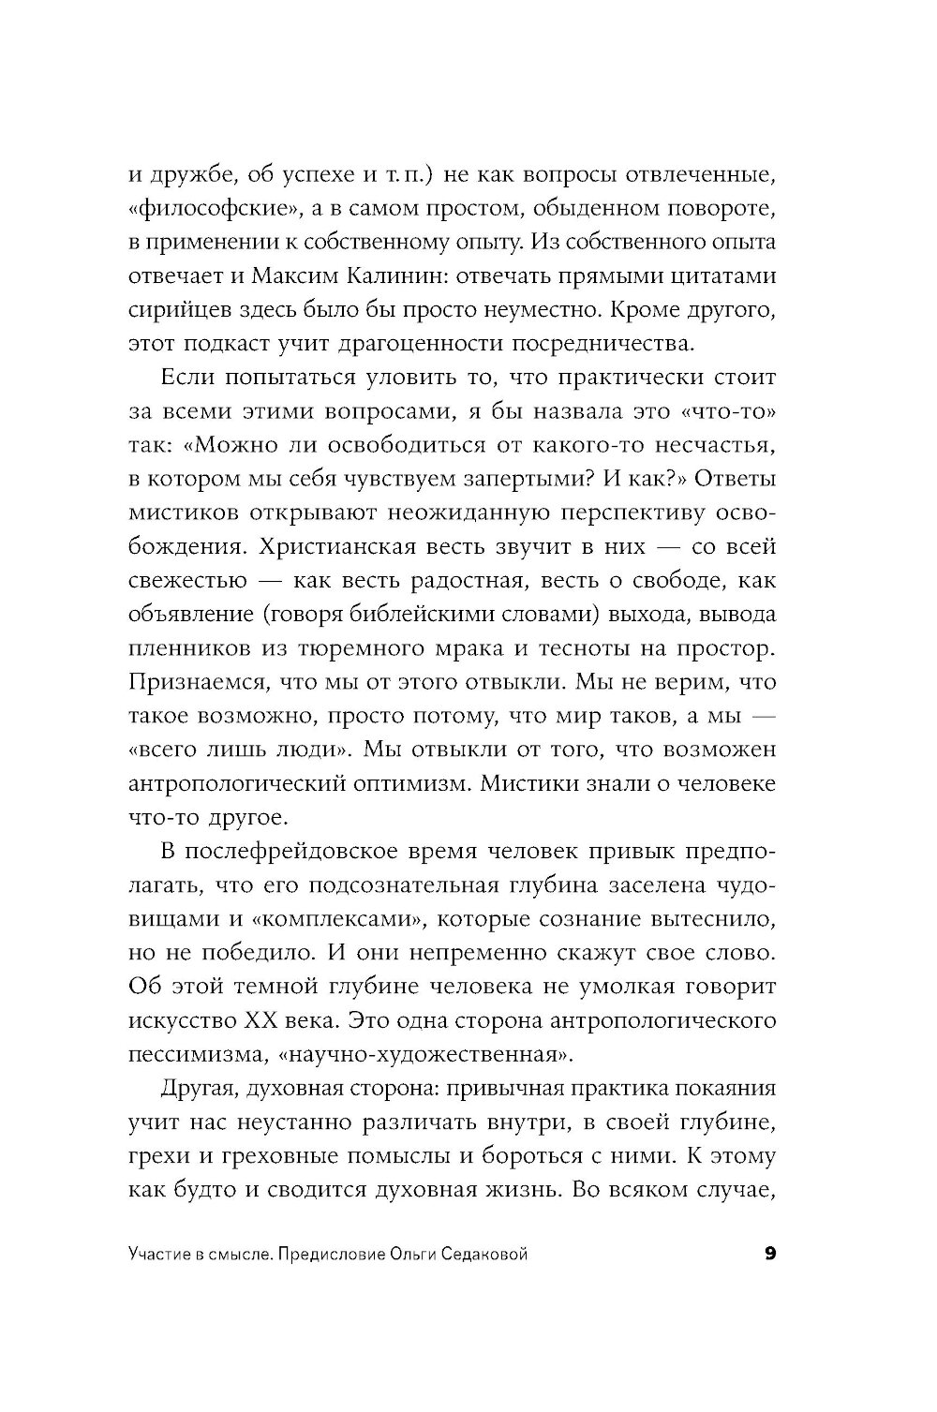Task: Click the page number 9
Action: [x=771, y=1255]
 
